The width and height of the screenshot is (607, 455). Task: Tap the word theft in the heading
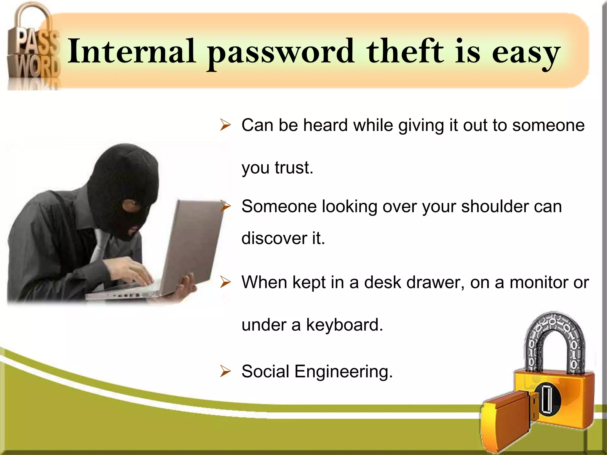[x=405, y=52]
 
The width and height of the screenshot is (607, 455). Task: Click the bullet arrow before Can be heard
[x=225, y=125]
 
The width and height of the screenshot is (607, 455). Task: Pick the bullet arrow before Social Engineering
[x=225, y=371]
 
